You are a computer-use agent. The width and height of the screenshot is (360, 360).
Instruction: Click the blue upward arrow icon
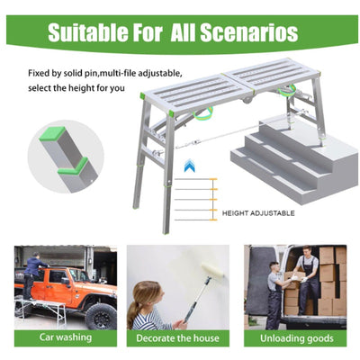(190, 166)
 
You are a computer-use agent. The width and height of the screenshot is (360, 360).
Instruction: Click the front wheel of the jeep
(98, 316)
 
